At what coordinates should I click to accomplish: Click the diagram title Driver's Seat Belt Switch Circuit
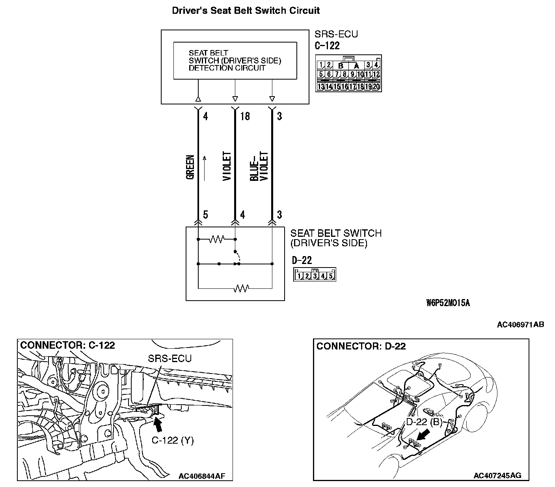246,11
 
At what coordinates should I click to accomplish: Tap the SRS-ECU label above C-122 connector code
336,34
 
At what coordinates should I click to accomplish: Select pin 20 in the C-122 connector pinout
376,87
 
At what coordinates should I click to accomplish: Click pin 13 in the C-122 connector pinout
321,87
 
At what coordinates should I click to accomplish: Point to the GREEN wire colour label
190,167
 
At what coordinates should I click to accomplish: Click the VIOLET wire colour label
227,167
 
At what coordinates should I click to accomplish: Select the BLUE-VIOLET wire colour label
259,167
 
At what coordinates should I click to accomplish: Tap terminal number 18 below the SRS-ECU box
244,116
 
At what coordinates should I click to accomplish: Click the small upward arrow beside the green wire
205,168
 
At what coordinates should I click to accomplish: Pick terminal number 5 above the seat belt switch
205,215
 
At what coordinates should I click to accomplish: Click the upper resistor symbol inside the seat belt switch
216,239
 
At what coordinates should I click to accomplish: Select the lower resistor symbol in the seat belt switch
241,288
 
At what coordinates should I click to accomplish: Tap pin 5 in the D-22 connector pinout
331,276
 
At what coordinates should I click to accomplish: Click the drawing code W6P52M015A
448,303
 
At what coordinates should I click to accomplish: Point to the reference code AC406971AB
520,325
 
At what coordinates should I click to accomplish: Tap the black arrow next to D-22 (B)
423,435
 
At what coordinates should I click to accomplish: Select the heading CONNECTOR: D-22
361,346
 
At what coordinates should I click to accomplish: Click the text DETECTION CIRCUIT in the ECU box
227,68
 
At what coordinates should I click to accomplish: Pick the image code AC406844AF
201,476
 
